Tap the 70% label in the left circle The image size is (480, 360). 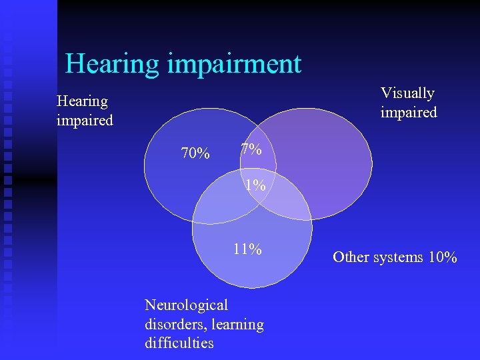pos(195,154)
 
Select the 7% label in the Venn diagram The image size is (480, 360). pos(251,150)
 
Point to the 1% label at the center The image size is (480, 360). pos(255,186)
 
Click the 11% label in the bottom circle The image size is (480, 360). pos(247,250)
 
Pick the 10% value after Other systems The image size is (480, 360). pos(443,257)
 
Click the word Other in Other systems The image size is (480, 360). pos(350,257)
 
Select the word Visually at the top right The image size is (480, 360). pos(407,93)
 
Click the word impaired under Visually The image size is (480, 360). pos(409,112)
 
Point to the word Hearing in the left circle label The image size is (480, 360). pos(82,101)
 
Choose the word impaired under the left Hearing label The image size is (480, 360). pos(85,121)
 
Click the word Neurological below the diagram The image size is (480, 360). pos(186,305)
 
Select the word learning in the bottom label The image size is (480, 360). pos(237,325)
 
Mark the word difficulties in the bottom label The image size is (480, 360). pos(179,343)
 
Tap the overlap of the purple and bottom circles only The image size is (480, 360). pos(290,203)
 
